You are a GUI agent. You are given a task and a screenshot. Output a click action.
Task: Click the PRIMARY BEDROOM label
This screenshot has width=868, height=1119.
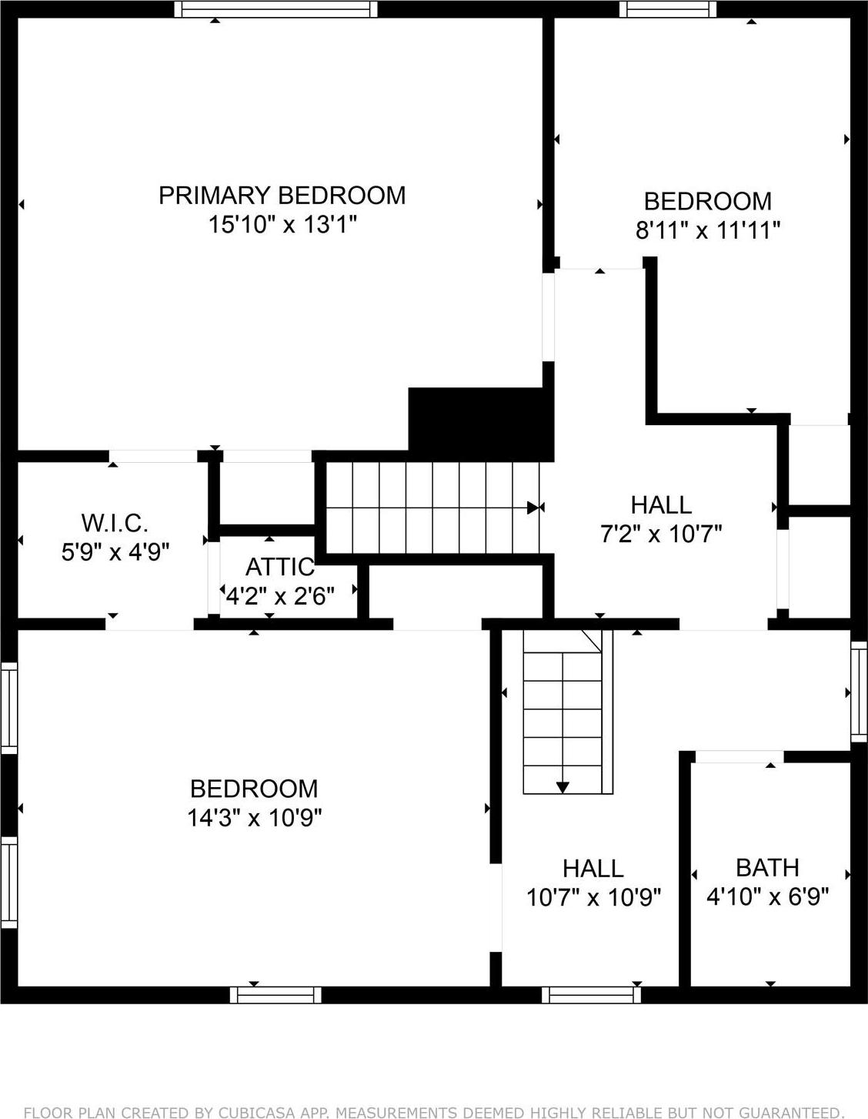pyautogui.click(x=282, y=196)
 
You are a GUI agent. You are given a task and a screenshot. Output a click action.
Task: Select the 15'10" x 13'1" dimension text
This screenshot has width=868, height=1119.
pyautogui.click(x=282, y=225)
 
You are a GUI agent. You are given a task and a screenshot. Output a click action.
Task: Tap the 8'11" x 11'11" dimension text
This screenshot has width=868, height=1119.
pyautogui.click(x=707, y=230)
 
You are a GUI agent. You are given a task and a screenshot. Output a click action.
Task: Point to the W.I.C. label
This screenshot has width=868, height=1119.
pyautogui.click(x=115, y=524)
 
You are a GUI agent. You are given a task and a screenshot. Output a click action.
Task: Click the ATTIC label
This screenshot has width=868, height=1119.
pyautogui.click(x=279, y=568)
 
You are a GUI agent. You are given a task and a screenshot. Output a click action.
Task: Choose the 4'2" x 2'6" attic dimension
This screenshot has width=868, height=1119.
pyautogui.click(x=279, y=596)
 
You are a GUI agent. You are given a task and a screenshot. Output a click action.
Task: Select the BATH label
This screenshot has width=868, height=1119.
pyautogui.click(x=767, y=868)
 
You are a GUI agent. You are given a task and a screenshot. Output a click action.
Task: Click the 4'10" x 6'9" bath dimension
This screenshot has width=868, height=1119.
pyautogui.click(x=767, y=897)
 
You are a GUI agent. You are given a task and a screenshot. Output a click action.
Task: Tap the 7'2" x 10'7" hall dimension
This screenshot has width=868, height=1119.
pyautogui.click(x=661, y=534)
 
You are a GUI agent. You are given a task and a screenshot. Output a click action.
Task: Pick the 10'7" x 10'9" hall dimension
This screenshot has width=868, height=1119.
pyautogui.click(x=593, y=898)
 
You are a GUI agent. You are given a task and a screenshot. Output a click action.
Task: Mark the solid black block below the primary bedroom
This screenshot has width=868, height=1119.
pyautogui.click(x=480, y=424)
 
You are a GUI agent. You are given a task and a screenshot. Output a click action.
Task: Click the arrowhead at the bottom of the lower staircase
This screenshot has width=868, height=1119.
pyautogui.click(x=563, y=786)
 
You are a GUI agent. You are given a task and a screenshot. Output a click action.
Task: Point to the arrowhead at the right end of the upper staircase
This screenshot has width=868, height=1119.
pyautogui.click(x=532, y=508)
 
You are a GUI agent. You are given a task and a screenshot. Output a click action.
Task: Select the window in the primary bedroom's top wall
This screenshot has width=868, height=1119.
pyautogui.click(x=275, y=9)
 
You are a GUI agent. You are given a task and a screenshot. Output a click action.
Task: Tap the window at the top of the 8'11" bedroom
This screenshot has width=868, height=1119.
pyautogui.click(x=668, y=9)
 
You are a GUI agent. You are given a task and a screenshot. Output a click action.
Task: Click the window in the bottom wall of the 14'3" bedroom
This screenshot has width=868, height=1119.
pyautogui.click(x=275, y=995)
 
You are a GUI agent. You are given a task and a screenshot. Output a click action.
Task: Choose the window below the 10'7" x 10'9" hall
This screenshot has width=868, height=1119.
pyautogui.click(x=591, y=995)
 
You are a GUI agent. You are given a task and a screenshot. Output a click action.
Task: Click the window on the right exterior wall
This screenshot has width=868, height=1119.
pyautogui.click(x=858, y=692)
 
